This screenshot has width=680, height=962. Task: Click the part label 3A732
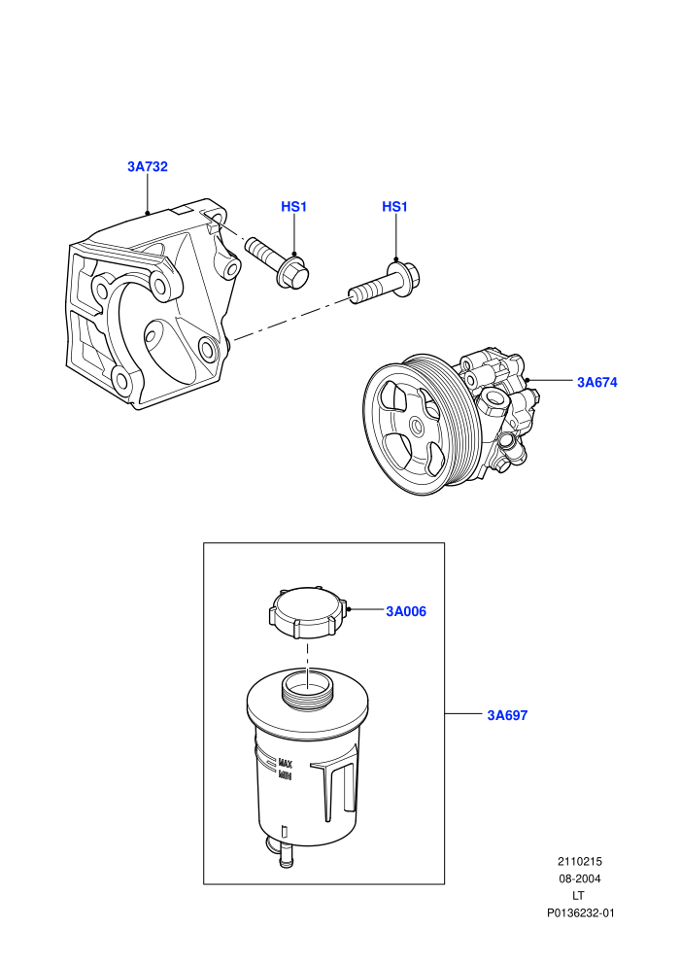(x=147, y=166)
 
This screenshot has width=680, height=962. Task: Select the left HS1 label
(x=293, y=207)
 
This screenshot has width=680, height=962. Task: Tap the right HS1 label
(x=394, y=207)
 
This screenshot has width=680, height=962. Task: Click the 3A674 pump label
(x=596, y=382)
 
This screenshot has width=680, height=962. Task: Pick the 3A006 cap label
(x=406, y=611)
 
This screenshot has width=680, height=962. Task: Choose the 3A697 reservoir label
(x=507, y=715)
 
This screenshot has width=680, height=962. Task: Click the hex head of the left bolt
(x=293, y=273)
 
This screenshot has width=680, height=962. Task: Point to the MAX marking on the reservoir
(x=286, y=764)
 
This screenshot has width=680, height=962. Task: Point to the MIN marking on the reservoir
(x=286, y=775)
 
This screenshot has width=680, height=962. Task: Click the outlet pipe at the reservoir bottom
(x=285, y=855)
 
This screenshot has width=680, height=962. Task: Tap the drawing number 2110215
(x=579, y=861)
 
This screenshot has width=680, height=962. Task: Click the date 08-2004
(x=579, y=878)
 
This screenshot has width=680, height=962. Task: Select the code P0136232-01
(x=580, y=912)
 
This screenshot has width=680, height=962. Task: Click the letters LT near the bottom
(x=578, y=896)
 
